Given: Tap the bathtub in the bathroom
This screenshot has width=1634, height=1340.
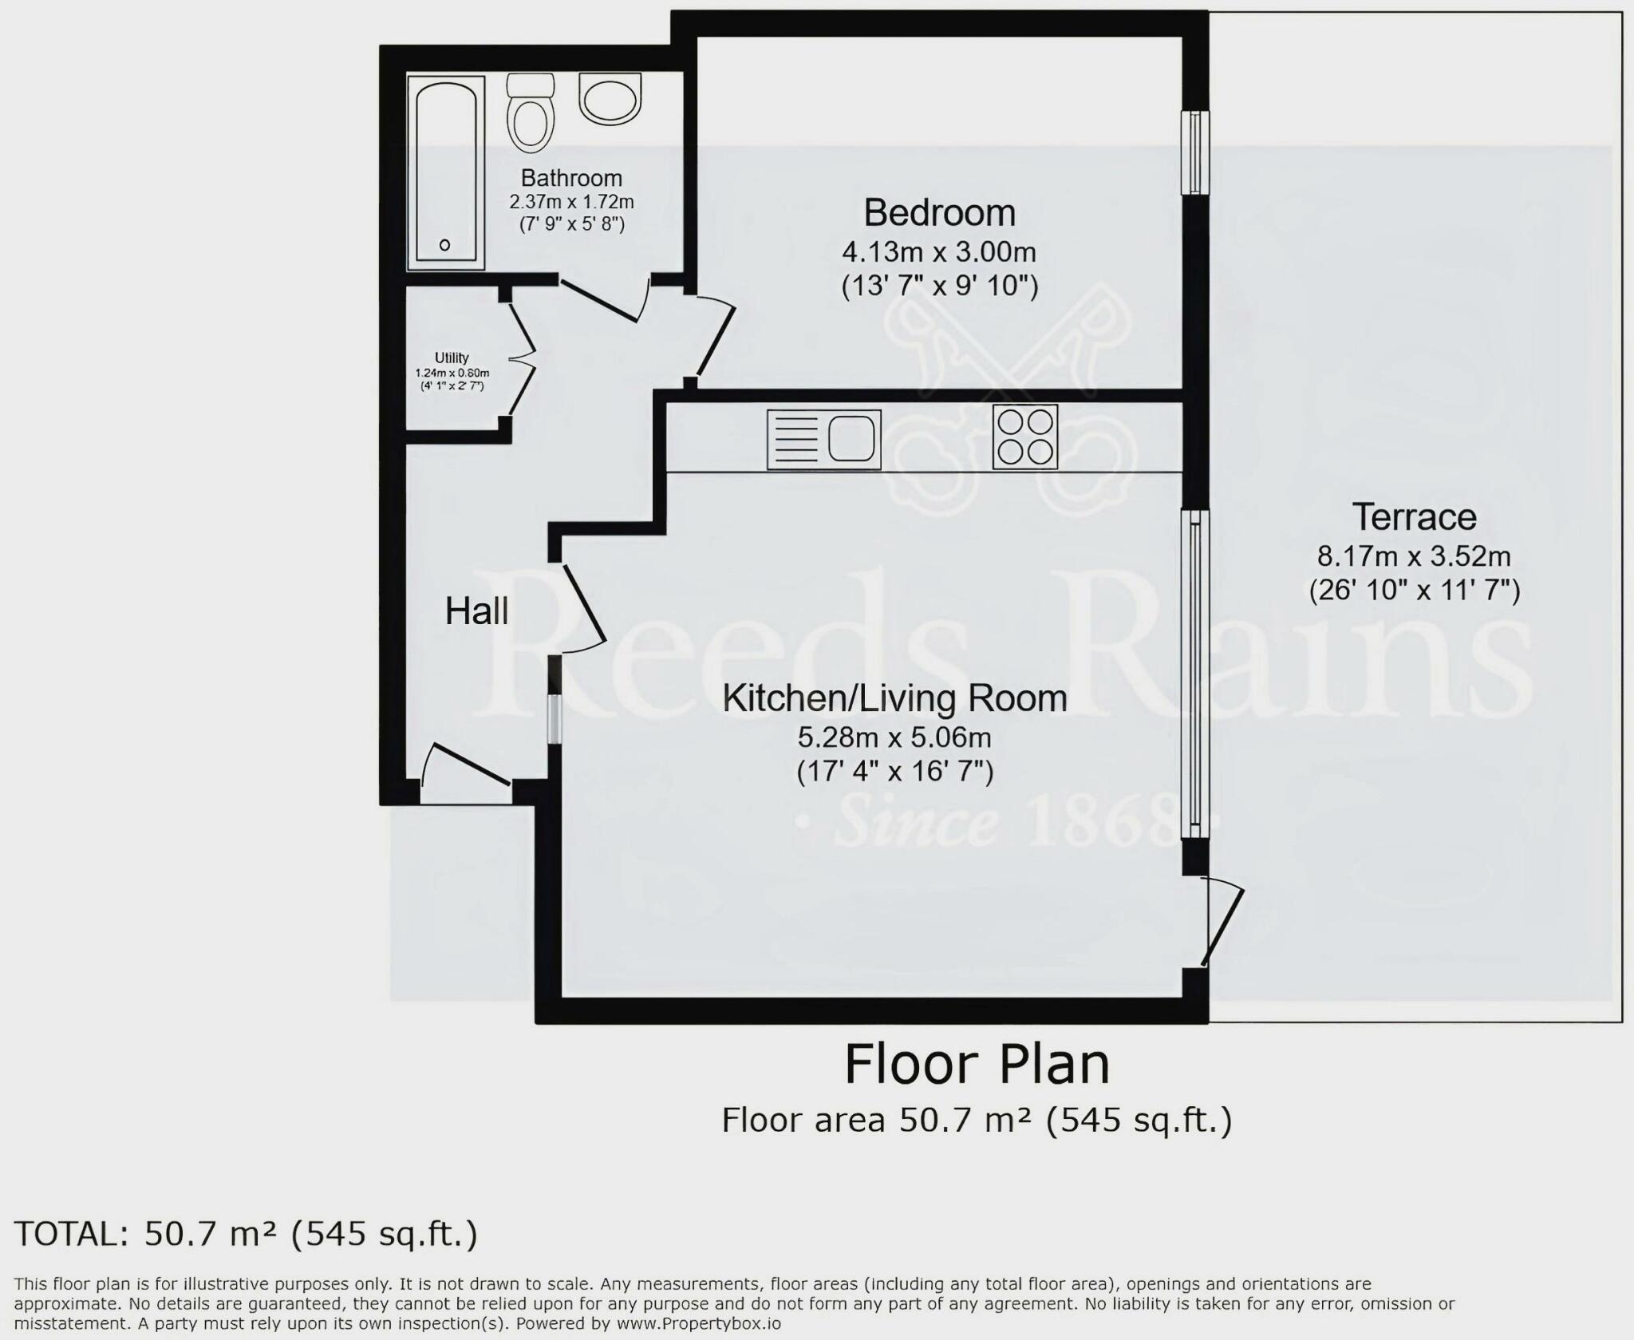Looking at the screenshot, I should (x=445, y=172).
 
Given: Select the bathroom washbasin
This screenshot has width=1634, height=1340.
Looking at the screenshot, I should (x=610, y=98).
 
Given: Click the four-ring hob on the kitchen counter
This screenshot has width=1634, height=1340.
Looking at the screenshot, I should (x=1024, y=437).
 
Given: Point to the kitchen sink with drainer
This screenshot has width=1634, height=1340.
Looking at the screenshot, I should (x=824, y=439).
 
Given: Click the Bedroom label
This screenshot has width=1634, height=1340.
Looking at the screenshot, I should (x=939, y=213).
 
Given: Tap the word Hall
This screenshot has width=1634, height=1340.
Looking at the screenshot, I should (x=476, y=611).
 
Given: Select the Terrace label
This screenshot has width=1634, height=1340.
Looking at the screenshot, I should (x=1414, y=517).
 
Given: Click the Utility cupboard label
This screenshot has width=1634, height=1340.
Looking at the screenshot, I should (x=452, y=358).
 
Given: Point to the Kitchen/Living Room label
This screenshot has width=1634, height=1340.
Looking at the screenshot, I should (x=894, y=698).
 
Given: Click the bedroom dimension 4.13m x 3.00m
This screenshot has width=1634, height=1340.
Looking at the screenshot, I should (x=939, y=252).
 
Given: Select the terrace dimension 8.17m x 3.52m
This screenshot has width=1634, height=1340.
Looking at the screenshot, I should (x=1414, y=555).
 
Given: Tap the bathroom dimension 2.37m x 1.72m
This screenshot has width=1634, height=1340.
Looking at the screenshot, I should (x=571, y=202).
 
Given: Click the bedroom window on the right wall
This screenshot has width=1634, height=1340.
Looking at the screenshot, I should (x=1194, y=152).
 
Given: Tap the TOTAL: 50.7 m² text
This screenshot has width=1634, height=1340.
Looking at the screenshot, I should (x=246, y=1234).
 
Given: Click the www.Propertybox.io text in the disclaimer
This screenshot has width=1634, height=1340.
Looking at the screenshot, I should (x=697, y=1324).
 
